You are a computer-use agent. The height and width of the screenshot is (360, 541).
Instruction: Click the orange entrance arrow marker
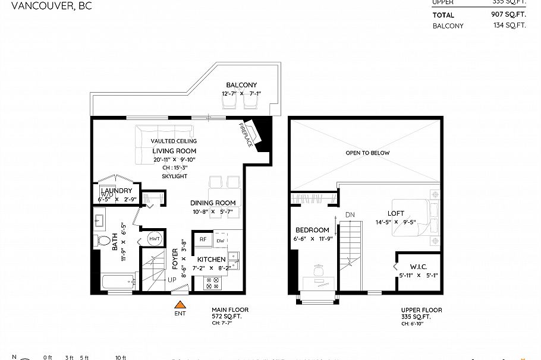pyautogui.click(x=179, y=305)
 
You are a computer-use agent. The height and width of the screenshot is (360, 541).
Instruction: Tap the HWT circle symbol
pyautogui.click(x=155, y=238)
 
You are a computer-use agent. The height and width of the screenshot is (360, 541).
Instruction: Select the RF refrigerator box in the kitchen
pyautogui.click(x=203, y=240)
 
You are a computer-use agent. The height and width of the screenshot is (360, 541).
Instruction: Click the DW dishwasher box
pyautogui.click(x=221, y=240)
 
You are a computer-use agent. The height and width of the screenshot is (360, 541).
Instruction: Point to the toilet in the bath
pyautogui.click(x=105, y=241)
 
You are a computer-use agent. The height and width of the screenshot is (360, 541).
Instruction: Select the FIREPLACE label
pyautogui.click(x=245, y=135)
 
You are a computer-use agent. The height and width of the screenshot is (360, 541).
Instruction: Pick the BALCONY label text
pyautogui.click(x=241, y=85)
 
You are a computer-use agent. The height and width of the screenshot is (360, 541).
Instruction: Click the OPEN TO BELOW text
pyautogui.click(x=367, y=153)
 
